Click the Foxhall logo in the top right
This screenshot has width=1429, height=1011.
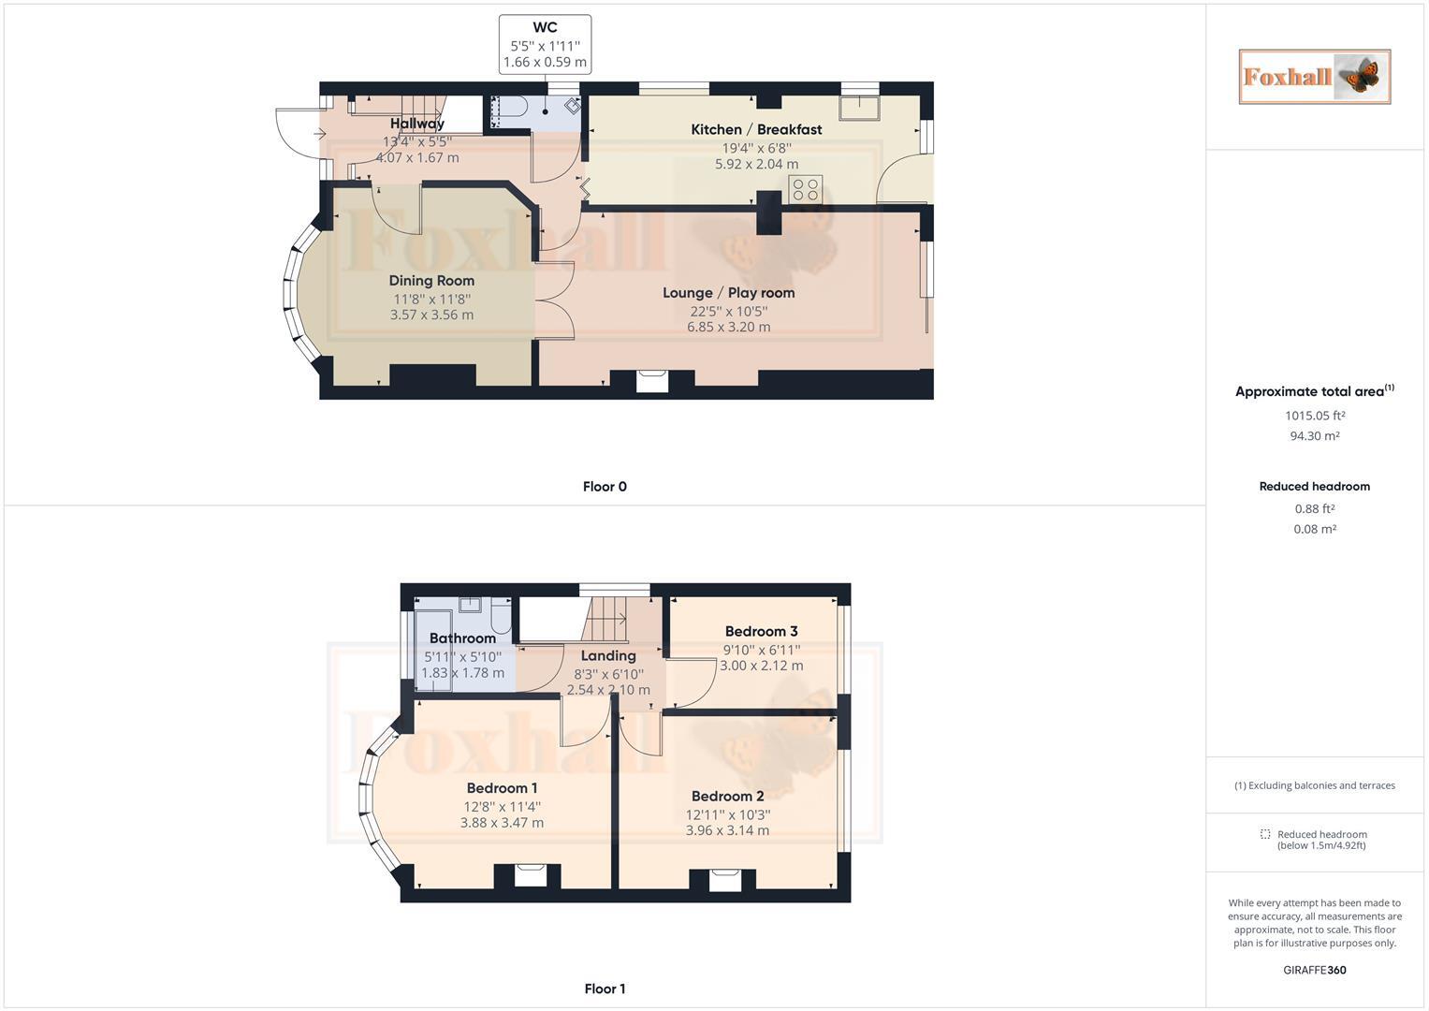pos(1314,77)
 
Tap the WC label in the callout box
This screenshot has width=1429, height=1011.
pos(545,28)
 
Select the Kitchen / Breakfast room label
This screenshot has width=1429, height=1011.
pos(756,129)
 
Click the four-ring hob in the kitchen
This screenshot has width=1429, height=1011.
pos(806,189)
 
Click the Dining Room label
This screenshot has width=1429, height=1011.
pos(431,281)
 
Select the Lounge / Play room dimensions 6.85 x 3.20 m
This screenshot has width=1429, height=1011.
pos(728,327)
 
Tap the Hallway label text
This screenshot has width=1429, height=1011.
pos(417,124)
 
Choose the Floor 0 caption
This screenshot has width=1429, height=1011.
pos(605,487)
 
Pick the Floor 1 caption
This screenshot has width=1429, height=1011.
pos(605,989)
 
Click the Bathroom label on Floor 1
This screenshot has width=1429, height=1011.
pos(462,638)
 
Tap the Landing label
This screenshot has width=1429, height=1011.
pos(608,656)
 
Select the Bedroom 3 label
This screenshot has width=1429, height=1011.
pos(761,631)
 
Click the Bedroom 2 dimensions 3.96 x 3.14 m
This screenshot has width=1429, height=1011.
pos(727,830)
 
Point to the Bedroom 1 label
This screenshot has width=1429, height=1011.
pos(502,788)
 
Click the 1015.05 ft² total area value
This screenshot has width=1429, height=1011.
pos(1314,416)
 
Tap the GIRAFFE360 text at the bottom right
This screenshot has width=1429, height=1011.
pos(1314,970)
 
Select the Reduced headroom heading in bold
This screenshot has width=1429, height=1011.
pos(1314,487)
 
